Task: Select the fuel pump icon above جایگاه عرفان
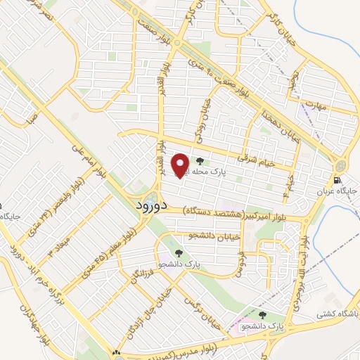pyautogui.click(x=344, y=181)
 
